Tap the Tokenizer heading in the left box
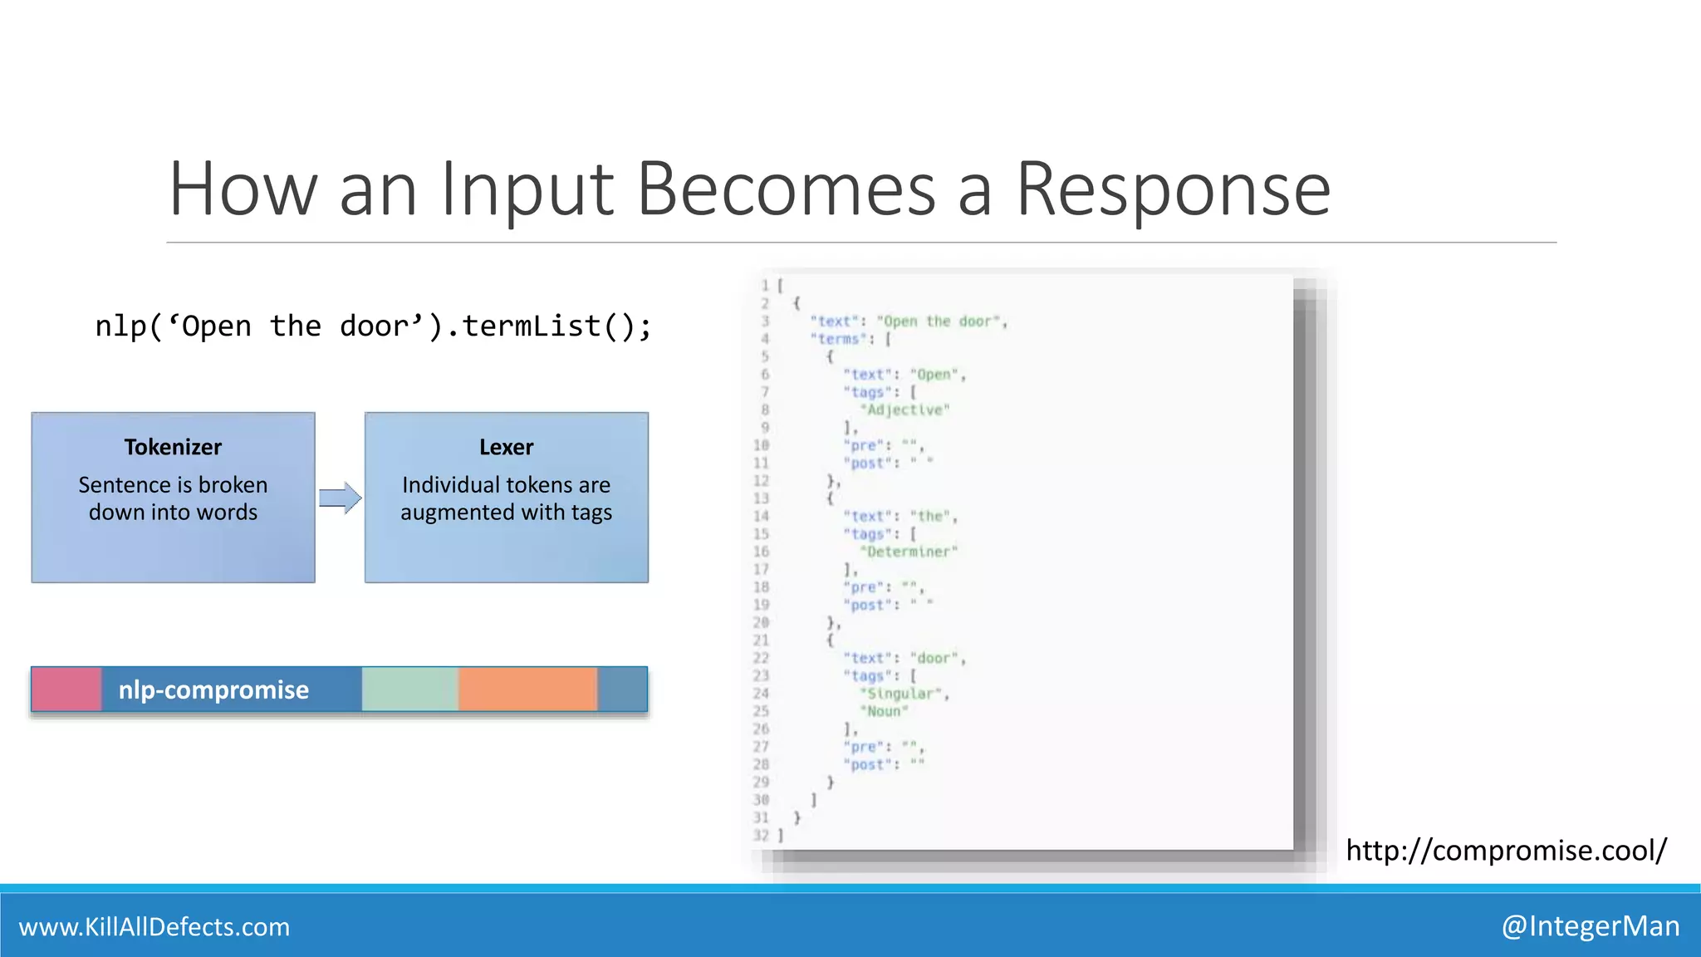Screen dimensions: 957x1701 pos(173,447)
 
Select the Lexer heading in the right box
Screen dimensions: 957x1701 pos(506,447)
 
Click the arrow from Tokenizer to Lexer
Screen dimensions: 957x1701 pos(340,498)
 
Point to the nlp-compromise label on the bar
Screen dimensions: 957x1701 pos(213,690)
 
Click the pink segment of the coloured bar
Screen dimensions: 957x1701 pos(66,690)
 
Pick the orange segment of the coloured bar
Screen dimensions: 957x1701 pos(527,690)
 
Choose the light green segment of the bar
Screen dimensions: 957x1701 pos(409,690)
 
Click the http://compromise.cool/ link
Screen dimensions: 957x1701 pos(1506,850)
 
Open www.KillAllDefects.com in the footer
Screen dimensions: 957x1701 pos(154,926)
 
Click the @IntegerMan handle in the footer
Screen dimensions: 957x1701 pos(1590,925)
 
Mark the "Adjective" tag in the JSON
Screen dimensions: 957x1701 pos(904,410)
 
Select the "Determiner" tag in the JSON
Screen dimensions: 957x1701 pos(909,552)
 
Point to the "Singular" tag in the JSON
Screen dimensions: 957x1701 pos(903,693)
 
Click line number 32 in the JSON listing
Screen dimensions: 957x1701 pos(761,835)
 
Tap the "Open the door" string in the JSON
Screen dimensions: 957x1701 pos(940,321)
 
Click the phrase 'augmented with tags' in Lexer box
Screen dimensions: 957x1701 pos(506,513)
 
